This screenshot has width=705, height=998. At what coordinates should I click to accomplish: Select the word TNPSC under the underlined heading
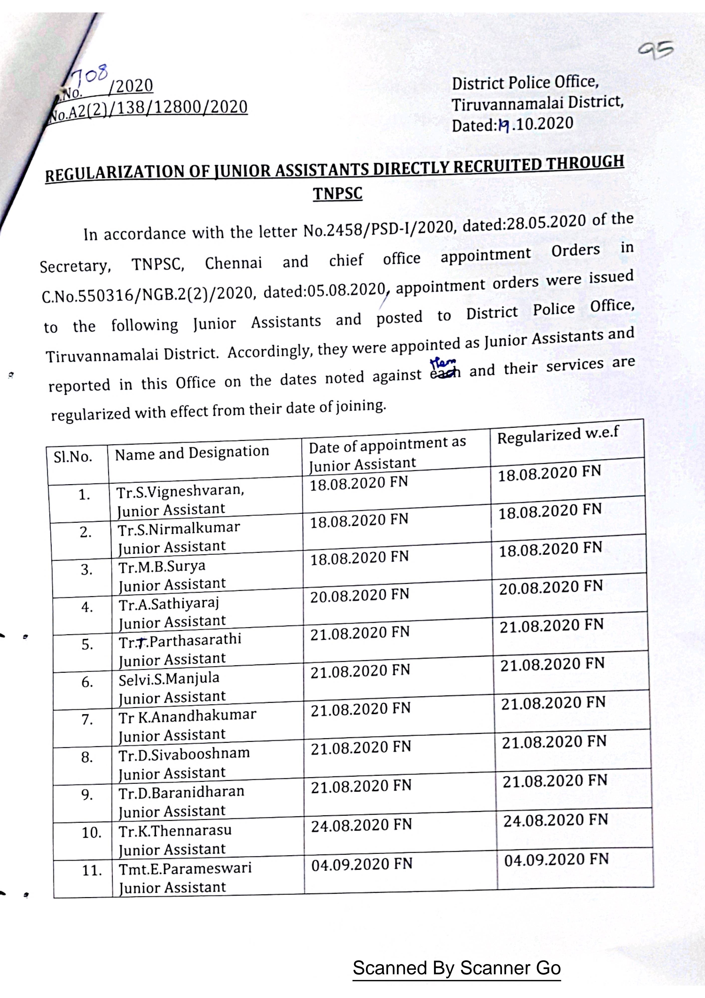pos(338,193)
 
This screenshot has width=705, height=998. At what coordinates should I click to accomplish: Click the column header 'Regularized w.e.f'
pos(558,436)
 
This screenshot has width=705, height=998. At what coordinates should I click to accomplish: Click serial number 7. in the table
pos(87,720)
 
